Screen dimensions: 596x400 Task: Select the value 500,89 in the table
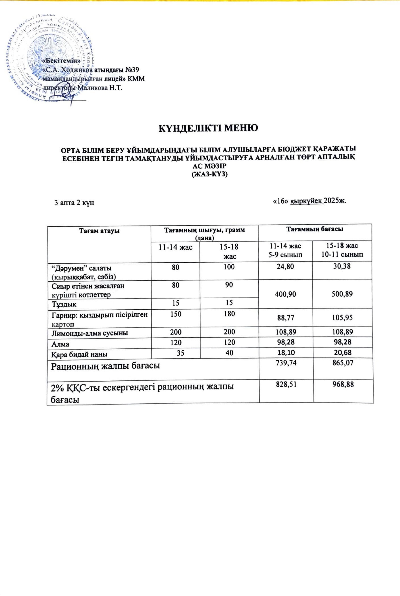coord(342,294)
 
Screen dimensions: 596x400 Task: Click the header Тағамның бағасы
coord(314,229)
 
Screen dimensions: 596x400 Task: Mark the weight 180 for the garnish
coord(229,313)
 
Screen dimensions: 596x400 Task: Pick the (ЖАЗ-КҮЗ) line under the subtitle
coord(209,175)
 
